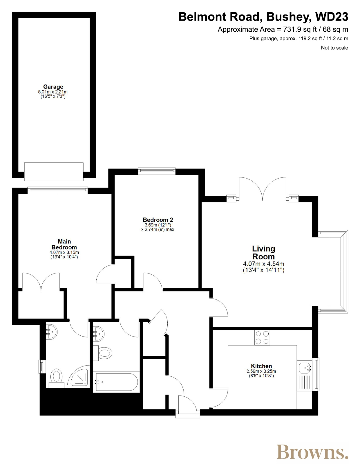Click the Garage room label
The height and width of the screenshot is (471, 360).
click(53, 87)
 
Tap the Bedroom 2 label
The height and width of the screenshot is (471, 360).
click(158, 220)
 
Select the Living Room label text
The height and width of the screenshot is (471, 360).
click(263, 253)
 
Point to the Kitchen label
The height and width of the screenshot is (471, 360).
click(261, 366)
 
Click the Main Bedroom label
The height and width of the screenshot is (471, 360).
click(64, 244)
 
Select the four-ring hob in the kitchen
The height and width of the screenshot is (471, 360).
click(262, 337)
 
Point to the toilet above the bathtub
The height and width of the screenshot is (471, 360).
click(103, 353)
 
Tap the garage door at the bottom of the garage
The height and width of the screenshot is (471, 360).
click(54, 172)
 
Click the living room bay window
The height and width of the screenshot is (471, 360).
click(333, 272)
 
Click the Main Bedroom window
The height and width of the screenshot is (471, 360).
click(58, 190)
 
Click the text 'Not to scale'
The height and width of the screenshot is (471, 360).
click(334, 48)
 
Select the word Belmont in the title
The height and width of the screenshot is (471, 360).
click(202, 17)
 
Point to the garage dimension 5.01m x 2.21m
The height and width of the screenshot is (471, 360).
click(53, 92)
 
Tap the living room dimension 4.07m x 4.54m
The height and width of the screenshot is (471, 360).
click(264, 264)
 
